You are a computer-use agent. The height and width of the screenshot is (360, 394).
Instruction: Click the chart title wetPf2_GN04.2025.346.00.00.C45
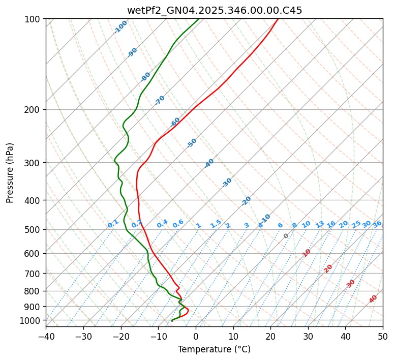point(214,10)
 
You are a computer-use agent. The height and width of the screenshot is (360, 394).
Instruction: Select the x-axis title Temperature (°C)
point(214,349)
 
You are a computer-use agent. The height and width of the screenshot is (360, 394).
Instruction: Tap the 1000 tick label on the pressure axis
point(32,320)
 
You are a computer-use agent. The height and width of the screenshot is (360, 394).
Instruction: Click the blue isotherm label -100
point(121,27)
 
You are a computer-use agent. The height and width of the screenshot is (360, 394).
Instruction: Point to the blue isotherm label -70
point(160,100)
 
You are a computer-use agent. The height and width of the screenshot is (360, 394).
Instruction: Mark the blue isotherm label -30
point(227,183)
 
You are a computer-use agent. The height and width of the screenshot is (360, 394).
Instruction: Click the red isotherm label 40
point(373,299)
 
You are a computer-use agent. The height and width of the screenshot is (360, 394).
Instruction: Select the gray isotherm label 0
point(286,236)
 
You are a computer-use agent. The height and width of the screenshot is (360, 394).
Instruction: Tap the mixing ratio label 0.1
point(113,224)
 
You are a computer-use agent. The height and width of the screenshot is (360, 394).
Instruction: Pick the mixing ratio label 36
point(377,224)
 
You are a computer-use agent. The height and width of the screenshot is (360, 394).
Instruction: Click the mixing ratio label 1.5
point(216,224)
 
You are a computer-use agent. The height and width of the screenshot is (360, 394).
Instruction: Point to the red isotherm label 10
point(307,253)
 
